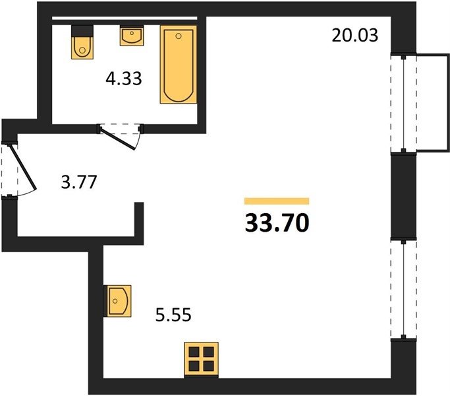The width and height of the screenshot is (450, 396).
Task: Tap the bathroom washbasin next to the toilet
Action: pos(132,36)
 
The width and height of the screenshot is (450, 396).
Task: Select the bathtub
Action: pos(179,65)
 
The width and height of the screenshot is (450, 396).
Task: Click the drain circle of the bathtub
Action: pos(179,36)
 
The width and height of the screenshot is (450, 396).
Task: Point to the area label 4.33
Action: pos(124,79)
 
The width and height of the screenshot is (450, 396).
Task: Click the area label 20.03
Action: pos(355,36)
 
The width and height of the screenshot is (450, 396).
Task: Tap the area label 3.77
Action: pos(79,182)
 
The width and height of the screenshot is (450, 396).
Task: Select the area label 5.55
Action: pos(173,315)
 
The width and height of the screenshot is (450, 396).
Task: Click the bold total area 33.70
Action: pos(277,223)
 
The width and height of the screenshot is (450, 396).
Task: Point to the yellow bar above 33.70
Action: pos(277,201)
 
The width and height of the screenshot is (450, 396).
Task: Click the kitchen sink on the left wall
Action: pos(117,301)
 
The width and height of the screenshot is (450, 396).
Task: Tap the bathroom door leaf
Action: pos(117,137)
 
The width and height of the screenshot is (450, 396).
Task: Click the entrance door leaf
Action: pos(23,168)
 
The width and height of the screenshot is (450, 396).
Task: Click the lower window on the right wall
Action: pos(403,289)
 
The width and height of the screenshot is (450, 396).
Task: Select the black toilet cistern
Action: pos(82,31)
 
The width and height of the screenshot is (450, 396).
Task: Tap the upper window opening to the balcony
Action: pos(403,103)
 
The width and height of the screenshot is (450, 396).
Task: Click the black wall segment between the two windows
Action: pos(403,196)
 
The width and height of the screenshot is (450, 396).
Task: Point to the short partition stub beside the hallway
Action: pos(139,220)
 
